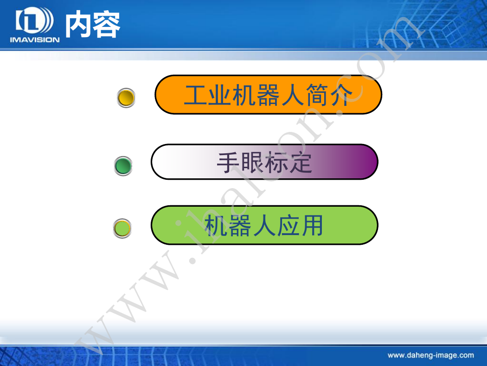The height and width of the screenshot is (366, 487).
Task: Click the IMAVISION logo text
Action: pyautogui.click(x=35, y=39)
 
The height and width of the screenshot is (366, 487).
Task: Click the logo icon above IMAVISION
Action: pyautogui.click(x=34, y=20)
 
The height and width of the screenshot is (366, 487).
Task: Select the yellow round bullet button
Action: pyautogui.click(x=126, y=98)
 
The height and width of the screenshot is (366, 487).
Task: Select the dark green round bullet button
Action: pyautogui.click(x=123, y=166)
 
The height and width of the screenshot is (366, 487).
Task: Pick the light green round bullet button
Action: pyautogui.click(x=122, y=229)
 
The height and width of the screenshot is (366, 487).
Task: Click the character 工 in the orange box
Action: pyautogui.click(x=195, y=95)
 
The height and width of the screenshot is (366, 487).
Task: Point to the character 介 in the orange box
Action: pyautogui.click(x=341, y=95)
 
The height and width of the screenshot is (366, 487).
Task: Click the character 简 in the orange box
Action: pyautogui.click(x=317, y=95)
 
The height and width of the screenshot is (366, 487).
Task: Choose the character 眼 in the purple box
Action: pyautogui.click(x=252, y=162)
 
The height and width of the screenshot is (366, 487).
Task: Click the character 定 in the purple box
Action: pyautogui.click(x=301, y=162)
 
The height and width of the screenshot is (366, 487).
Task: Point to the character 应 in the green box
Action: pyautogui.click(x=288, y=225)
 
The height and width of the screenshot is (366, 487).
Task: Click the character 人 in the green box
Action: pyautogui.click(x=264, y=225)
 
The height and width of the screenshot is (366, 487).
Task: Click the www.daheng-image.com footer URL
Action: pyautogui.click(x=431, y=355)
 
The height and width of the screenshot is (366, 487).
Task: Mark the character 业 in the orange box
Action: pyautogui.click(x=219, y=95)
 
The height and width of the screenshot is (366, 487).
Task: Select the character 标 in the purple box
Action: pyautogui.click(x=276, y=162)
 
